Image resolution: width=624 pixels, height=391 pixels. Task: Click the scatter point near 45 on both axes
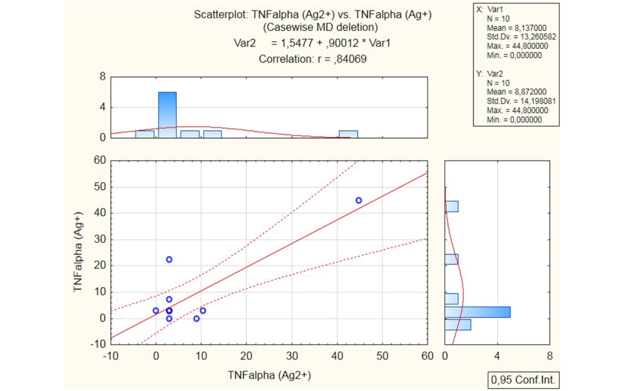pyautogui.click(x=359, y=201)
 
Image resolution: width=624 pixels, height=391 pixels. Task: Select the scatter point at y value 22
pyautogui.click(x=169, y=260)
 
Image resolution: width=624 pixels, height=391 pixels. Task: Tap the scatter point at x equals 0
pyautogui.click(x=156, y=311)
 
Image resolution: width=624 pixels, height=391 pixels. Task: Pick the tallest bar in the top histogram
pyautogui.click(x=167, y=115)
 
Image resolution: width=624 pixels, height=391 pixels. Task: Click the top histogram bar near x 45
pyautogui.click(x=348, y=134)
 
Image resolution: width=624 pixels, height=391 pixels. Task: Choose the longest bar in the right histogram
pyautogui.click(x=477, y=312)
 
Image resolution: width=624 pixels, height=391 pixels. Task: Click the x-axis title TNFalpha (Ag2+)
pyautogui.click(x=269, y=375)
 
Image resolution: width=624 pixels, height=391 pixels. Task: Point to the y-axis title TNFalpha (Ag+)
pyautogui.click(x=78, y=252)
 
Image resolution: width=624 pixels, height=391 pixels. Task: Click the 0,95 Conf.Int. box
pyautogui.click(x=523, y=380)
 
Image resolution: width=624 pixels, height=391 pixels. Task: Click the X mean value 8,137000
pyautogui.click(x=530, y=28)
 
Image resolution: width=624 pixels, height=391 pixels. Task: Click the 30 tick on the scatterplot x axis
pyautogui.click(x=292, y=356)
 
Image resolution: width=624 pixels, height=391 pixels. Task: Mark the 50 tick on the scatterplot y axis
pyautogui.click(x=100, y=187)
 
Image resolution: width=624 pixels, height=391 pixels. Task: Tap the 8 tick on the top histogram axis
pyautogui.click(x=102, y=76)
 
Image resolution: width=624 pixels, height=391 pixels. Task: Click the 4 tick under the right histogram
pyautogui.click(x=497, y=356)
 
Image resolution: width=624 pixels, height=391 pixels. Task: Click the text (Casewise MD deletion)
pyautogui.click(x=320, y=27)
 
